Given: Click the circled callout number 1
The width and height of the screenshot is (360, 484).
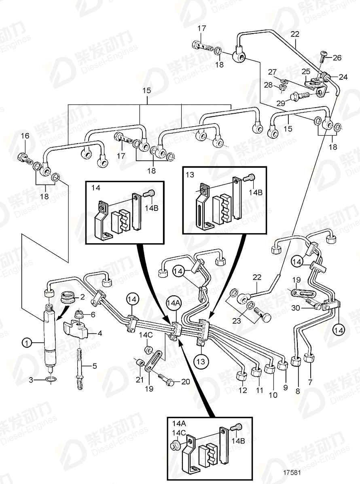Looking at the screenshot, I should click(27, 344).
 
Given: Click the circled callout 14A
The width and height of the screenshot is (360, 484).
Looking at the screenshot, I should click(171, 302).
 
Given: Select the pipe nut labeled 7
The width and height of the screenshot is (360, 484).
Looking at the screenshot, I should click(310, 359).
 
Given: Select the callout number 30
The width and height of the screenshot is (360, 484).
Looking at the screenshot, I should click(295, 308).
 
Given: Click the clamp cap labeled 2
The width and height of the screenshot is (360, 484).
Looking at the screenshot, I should click(66, 300).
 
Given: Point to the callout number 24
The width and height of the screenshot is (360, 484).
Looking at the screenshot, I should click(343, 76).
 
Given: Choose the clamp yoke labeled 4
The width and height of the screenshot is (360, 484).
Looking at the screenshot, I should click(79, 328).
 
